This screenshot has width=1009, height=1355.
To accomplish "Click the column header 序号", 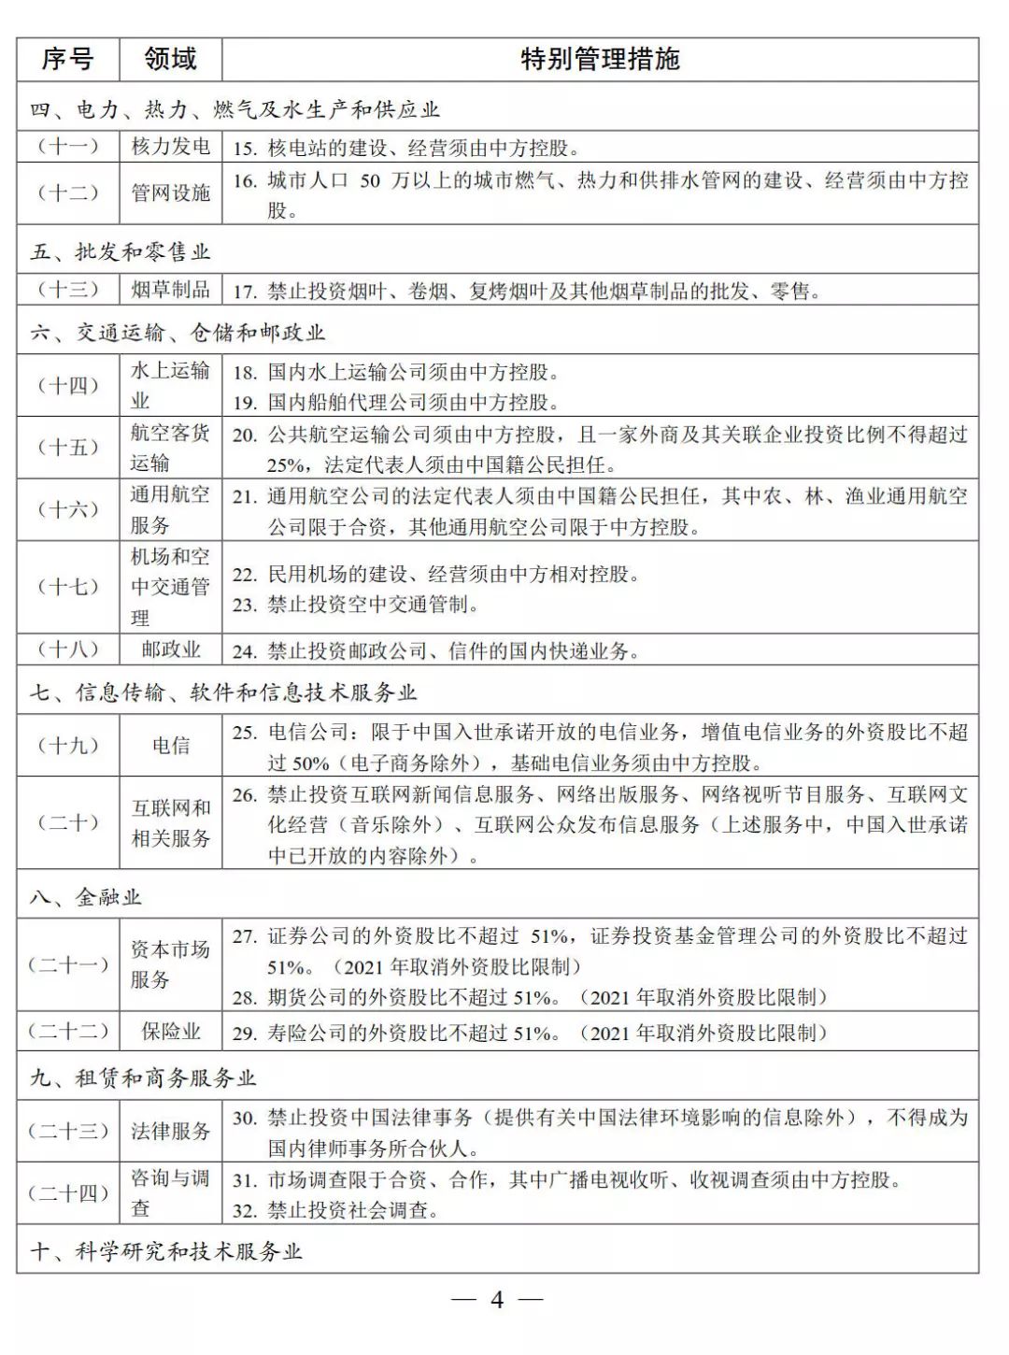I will tap(67, 60).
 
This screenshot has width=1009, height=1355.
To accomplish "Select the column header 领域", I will tap(170, 60).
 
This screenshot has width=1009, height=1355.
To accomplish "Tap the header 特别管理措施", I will tap(600, 60).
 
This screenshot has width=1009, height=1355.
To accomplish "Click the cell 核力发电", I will tap(170, 147).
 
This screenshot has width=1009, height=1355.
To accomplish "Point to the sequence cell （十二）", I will tap(67, 193).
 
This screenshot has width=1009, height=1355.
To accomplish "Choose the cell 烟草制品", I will tap(170, 290).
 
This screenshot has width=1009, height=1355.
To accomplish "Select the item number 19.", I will tap(244, 403).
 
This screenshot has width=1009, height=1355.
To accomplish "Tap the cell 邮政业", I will tap(170, 649).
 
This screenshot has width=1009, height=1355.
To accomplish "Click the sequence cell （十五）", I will tap(67, 448).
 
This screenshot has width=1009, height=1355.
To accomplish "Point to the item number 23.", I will tap(244, 606).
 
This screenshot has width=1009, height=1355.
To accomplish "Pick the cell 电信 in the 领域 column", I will tap(170, 746).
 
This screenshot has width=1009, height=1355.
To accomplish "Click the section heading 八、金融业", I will tap(86, 897).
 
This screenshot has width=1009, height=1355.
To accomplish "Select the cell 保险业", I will tap(170, 1032).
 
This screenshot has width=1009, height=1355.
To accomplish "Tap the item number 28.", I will tap(244, 998).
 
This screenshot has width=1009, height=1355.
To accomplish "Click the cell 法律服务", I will tap(170, 1132).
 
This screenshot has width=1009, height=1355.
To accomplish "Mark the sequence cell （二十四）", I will tap(67, 1193).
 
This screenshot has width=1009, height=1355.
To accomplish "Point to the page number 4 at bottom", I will tap(497, 1300).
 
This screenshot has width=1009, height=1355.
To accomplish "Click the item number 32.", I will tap(244, 1211).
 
